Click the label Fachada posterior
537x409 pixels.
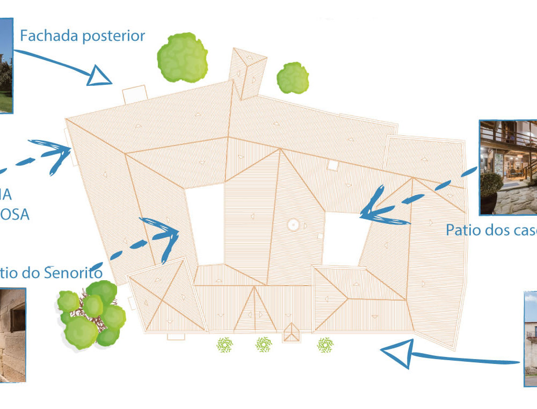point(82,36)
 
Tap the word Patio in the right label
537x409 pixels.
point(463,230)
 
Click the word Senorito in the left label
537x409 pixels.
point(73,273)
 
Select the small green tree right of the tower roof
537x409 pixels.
point(293,78)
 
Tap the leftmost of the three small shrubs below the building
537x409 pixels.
point(225,345)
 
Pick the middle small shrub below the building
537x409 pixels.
point(263,345)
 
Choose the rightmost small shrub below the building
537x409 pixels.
point(325,345)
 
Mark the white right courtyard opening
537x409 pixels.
point(344,239)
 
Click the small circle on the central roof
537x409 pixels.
point(293,225)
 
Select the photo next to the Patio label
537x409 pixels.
point(507,167)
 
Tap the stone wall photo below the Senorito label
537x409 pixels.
point(12,335)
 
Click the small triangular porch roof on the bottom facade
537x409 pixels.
point(292,333)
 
